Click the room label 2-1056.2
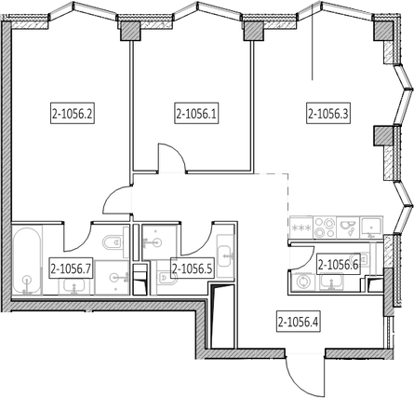(x=73, y=115)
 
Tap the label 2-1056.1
(x=196, y=115)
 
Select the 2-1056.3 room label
(x=328, y=115)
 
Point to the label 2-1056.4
(x=299, y=323)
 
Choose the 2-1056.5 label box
(x=193, y=268)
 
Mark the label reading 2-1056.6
(x=338, y=265)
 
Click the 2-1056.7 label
(x=72, y=268)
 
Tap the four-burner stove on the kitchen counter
(x=325, y=227)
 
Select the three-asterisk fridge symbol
(x=301, y=227)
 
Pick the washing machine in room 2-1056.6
(x=301, y=282)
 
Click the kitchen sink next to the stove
(x=348, y=227)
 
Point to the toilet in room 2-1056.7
(x=115, y=242)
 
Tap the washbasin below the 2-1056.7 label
(x=73, y=286)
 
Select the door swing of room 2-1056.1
(x=172, y=157)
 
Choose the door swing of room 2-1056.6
(x=301, y=257)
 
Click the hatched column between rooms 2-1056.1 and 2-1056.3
(x=254, y=32)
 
